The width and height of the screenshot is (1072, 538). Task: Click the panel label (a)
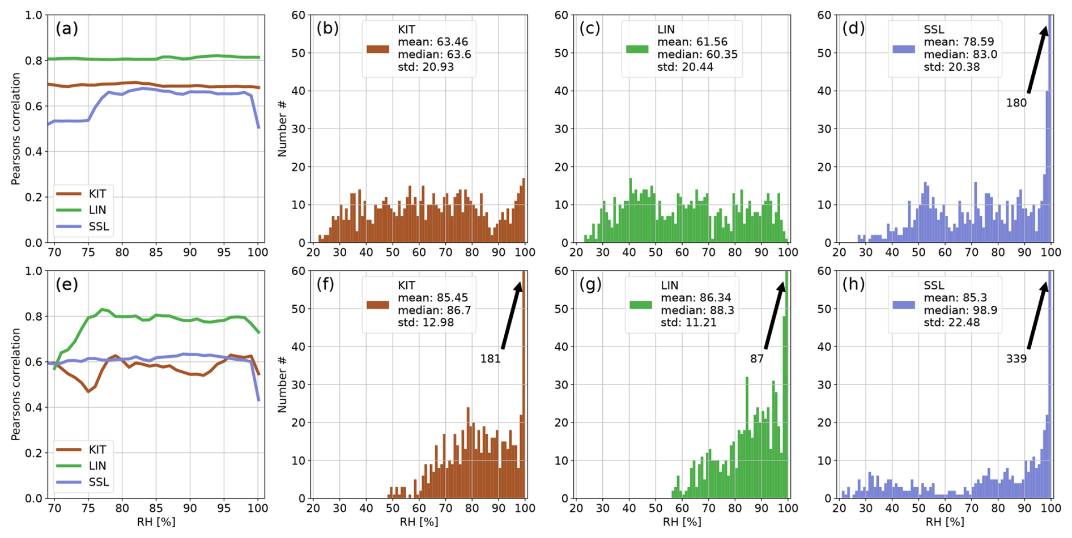tap(66, 28)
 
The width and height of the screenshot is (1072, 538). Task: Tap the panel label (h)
tap(853, 284)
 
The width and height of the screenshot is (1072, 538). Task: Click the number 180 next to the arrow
tap(1016, 103)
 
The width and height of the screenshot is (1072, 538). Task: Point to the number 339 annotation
tap(1016, 358)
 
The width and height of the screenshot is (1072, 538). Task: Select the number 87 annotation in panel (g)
tap(757, 358)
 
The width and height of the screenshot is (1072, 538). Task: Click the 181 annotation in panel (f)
tap(490, 358)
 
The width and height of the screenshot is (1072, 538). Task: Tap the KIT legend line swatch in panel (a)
tap(69, 194)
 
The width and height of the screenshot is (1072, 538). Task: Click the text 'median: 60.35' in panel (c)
tap(697, 54)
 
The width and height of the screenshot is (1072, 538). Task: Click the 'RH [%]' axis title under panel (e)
tap(156, 522)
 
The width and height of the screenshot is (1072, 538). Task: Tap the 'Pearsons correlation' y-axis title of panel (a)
tap(16, 129)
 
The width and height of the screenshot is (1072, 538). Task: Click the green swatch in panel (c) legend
tap(637, 49)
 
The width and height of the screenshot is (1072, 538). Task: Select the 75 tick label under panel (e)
tap(88, 508)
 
